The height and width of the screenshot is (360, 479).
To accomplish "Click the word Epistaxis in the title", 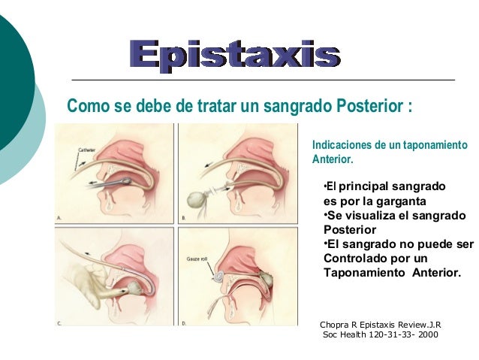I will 234,55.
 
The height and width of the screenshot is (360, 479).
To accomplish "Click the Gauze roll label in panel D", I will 197,258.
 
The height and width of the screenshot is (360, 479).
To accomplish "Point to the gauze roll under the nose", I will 218,276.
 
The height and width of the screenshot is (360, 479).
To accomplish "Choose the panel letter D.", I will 183,324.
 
